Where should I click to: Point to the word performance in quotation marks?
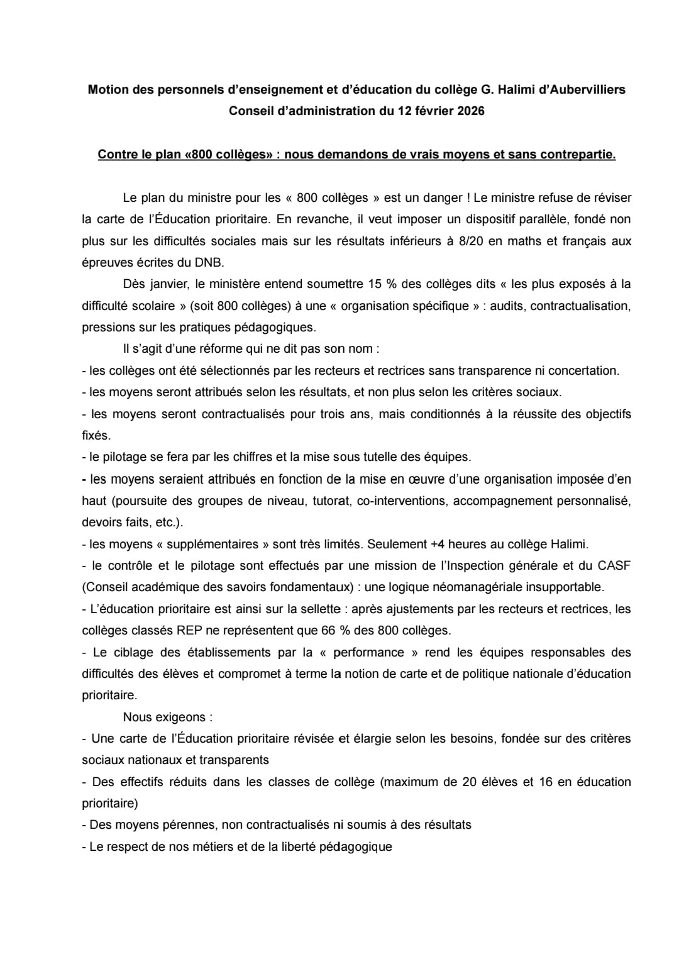(368, 653)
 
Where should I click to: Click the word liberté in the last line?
(295, 847)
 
